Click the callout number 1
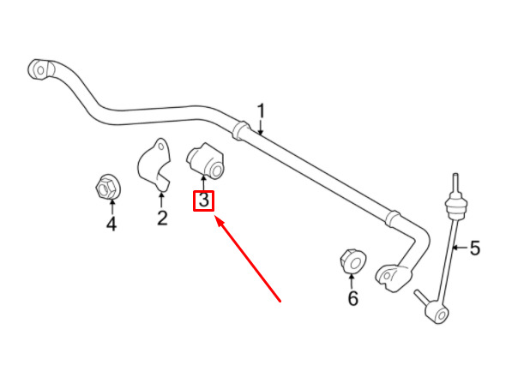click(x=261, y=111)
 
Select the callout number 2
click(x=162, y=218)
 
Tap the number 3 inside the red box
click(x=203, y=200)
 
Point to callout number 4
click(x=111, y=224)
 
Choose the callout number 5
click(x=475, y=248)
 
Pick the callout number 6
click(x=352, y=298)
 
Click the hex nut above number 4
click(x=106, y=187)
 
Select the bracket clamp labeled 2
click(x=154, y=165)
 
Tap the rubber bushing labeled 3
click(x=205, y=160)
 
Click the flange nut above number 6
click(x=352, y=262)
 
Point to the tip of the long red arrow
click(x=215, y=217)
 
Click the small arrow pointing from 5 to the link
click(x=459, y=248)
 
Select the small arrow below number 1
click(x=261, y=128)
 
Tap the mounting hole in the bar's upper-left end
click(x=40, y=70)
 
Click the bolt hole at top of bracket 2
click(x=161, y=147)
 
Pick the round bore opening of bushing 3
click(x=217, y=171)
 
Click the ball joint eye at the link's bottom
click(x=437, y=313)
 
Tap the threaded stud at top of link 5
click(x=455, y=183)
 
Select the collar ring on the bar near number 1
click(x=240, y=130)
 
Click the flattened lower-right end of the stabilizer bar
click(x=394, y=278)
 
